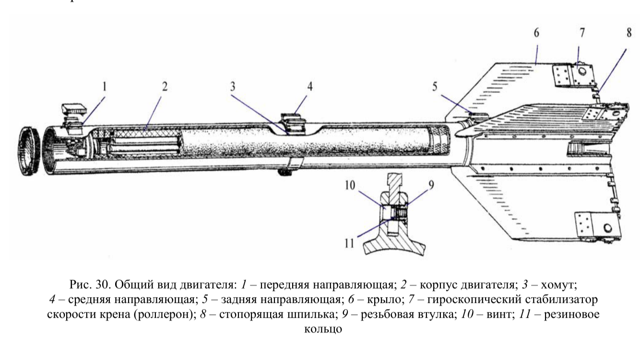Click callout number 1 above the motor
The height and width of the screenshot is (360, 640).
[x=106, y=87]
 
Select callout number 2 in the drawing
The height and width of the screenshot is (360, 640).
[x=165, y=87]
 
